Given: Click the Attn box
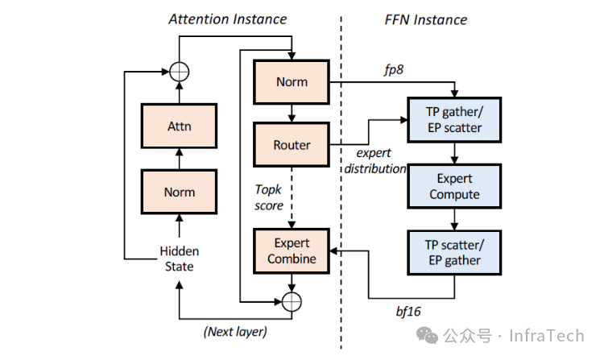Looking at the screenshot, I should [180, 126].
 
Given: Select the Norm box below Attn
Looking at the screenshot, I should [180, 192].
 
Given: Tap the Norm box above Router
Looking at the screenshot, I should [292, 82].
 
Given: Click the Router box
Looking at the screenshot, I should [292, 146].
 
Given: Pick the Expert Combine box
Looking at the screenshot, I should [292, 250].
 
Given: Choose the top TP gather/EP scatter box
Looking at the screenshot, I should [453, 119].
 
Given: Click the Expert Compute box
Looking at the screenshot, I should [453, 186].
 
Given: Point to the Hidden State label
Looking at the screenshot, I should [179, 259].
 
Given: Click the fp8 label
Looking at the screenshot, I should [394, 70].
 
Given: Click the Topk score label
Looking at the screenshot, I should [269, 198].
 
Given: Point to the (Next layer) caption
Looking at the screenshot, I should [236, 331].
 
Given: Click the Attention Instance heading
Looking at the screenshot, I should [227, 19].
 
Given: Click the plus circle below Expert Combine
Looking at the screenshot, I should [292, 301].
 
